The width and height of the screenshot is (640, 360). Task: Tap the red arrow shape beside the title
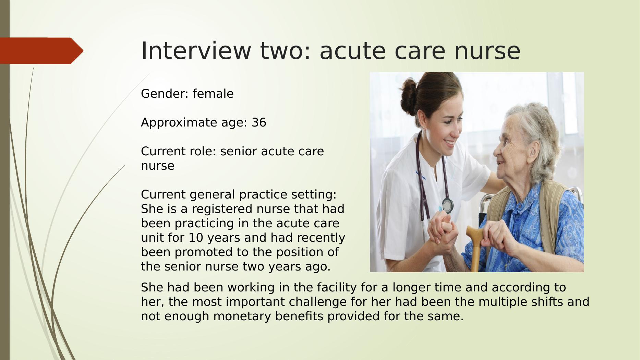point(41,51)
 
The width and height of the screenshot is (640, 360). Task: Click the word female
point(213,94)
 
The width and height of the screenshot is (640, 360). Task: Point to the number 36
point(259,122)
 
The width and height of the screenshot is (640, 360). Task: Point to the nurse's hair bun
point(410,96)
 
